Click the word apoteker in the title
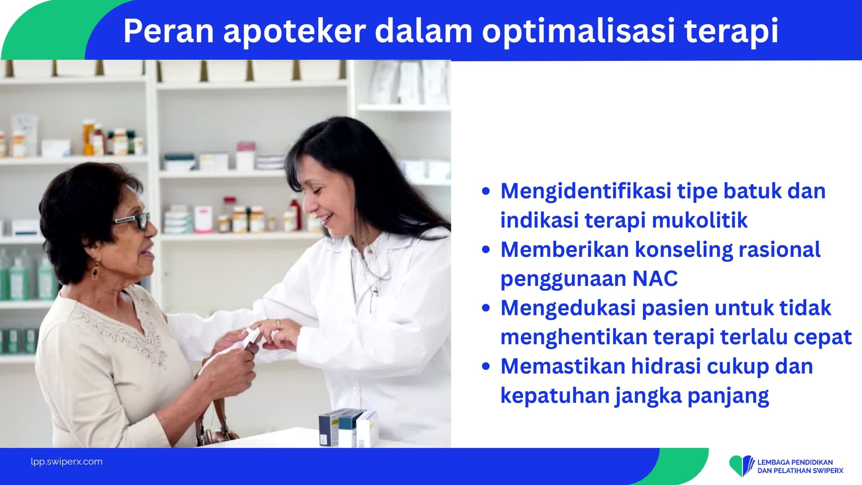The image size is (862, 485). tap(295, 31)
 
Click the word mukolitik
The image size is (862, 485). tap(700, 220)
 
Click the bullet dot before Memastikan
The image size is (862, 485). tap(486, 366)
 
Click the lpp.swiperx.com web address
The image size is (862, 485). tap(67, 462)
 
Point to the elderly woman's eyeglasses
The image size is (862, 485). tap(132, 221)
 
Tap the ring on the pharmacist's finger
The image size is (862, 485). tap(278, 324)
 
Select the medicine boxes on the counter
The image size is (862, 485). tap(349, 428)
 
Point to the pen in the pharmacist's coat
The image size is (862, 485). tap(374, 298)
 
